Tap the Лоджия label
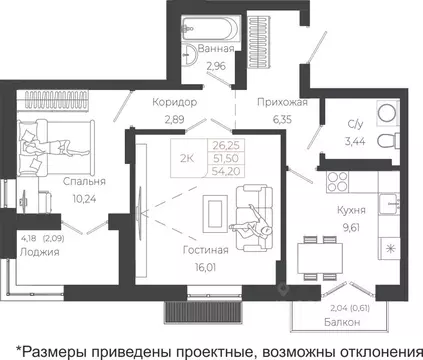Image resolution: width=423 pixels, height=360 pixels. click(x=40, y=252)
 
